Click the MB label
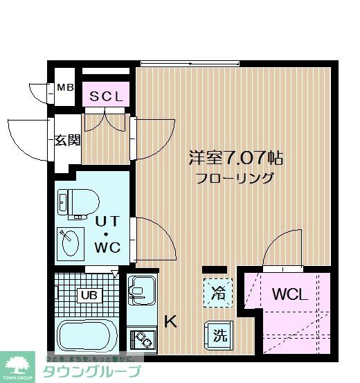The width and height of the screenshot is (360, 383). coord(65,88)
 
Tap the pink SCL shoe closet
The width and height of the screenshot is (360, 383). coord(106,97)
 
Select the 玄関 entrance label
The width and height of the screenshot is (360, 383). coord(68,139)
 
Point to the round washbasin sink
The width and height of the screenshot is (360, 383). coord(70,243)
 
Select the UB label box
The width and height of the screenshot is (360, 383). coord(88,295)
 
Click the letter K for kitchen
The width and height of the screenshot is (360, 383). coord(170,321)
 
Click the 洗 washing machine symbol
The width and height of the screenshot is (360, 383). coord(219,336)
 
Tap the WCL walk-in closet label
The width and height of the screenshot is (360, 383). coord(289,294)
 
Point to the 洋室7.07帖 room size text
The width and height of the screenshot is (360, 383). coord(235,157)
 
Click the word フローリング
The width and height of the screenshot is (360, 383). coord(235,177)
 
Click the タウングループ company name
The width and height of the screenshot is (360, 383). coord(93,372)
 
